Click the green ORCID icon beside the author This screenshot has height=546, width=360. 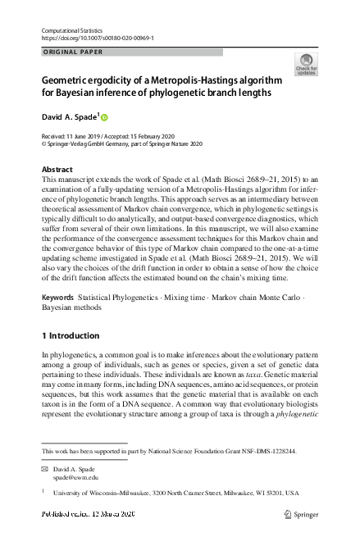(x=104, y=116)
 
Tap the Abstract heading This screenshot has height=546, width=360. (x=57, y=170)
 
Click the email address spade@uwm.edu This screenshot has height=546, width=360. (x=76, y=476)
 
